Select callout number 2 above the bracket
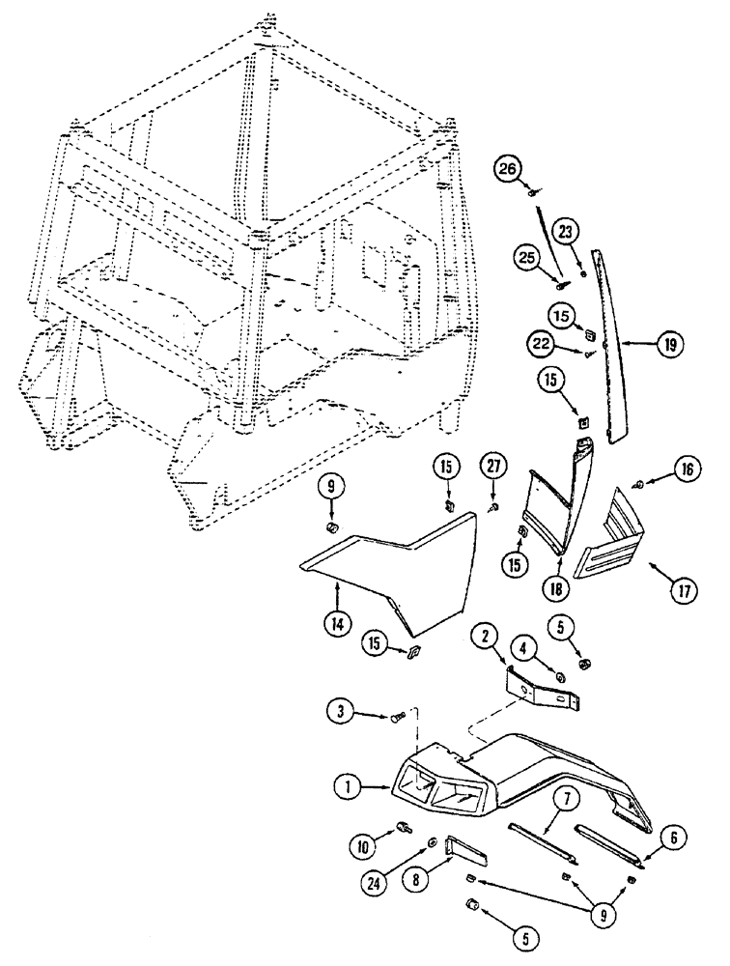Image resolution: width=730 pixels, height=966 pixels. tap(485, 634)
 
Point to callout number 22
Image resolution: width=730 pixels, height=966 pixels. tap(541, 342)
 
